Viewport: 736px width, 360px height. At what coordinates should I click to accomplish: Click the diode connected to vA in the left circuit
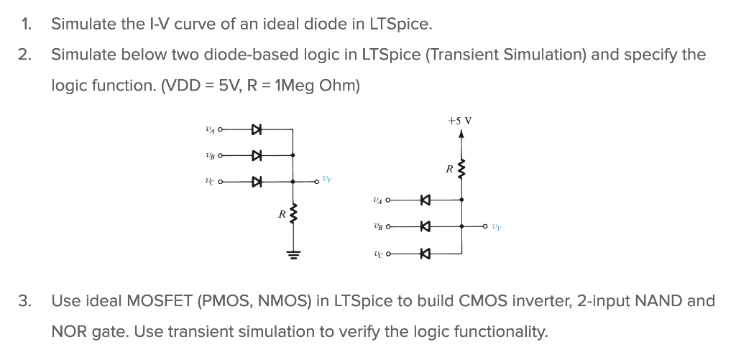click(255, 130)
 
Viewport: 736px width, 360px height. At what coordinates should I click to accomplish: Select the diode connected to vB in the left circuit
click(255, 155)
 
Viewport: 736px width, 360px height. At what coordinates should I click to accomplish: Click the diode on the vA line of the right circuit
click(424, 200)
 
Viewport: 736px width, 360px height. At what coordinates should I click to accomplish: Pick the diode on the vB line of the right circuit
click(424, 227)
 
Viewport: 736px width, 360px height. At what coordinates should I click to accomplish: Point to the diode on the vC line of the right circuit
click(424, 253)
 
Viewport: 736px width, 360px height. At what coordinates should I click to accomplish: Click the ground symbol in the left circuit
click(293, 253)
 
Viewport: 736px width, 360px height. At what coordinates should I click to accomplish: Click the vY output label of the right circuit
click(497, 227)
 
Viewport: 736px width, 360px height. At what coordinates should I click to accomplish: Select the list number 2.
click(26, 55)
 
